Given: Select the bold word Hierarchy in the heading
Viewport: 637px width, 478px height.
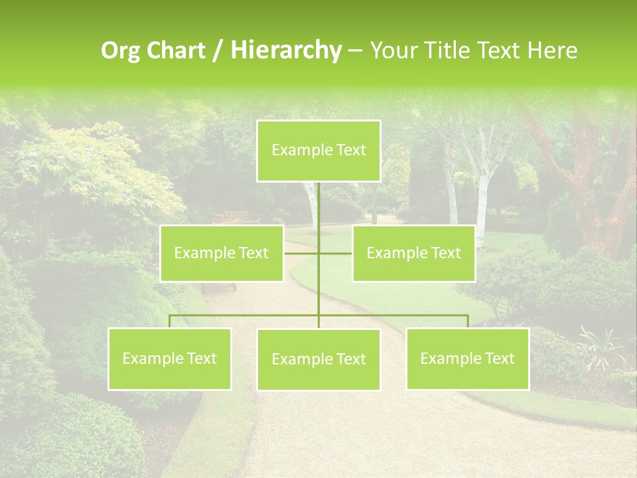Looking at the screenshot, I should [x=285, y=50].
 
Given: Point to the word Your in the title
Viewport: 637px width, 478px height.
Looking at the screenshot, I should [x=392, y=50].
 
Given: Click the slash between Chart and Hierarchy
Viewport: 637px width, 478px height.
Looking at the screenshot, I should [x=218, y=51].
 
